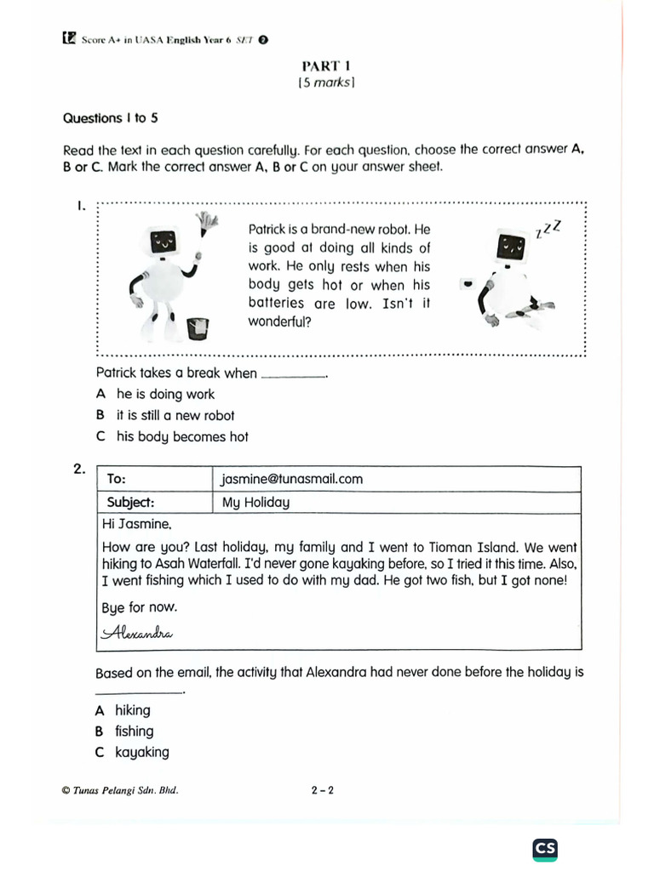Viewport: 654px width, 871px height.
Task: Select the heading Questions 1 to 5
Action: click(111, 118)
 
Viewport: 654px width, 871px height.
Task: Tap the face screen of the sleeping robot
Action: click(512, 248)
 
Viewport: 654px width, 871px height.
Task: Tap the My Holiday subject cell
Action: click(255, 502)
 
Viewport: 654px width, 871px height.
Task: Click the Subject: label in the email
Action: click(130, 502)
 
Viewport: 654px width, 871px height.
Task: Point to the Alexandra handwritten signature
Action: click(137, 633)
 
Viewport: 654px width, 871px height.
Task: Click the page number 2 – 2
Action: click(323, 790)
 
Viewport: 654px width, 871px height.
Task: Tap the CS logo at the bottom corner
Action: click(546, 848)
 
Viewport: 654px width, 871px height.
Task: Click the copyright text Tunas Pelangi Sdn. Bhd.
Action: click(121, 790)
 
